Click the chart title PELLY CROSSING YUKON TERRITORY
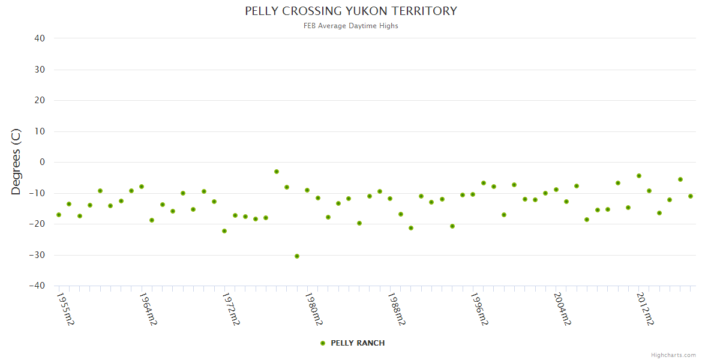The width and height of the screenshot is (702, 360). [351, 11]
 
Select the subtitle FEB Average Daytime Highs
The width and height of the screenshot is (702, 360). [351, 26]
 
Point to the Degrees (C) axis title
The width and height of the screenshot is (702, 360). [16, 161]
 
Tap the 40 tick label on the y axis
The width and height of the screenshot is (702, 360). [40, 38]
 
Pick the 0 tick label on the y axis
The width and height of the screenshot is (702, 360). [42, 162]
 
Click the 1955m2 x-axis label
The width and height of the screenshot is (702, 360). [65, 309]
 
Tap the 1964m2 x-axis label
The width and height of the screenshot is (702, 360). [148, 309]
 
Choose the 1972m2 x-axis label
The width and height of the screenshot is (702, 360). [231, 309]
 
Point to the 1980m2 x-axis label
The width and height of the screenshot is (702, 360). [314, 309]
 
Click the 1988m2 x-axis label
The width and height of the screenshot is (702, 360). [397, 309]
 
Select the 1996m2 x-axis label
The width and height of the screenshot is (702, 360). [479, 309]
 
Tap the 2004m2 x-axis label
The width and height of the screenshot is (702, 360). [562, 309]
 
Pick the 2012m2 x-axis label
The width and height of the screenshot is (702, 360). [645, 309]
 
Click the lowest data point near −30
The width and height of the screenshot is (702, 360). [297, 256]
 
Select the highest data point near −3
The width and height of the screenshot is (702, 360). [277, 172]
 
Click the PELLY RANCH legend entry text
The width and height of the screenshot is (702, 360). [358, 343]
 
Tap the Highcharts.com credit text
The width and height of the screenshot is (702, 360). [673, 355]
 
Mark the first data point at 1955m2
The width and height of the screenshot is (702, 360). [59, 215]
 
